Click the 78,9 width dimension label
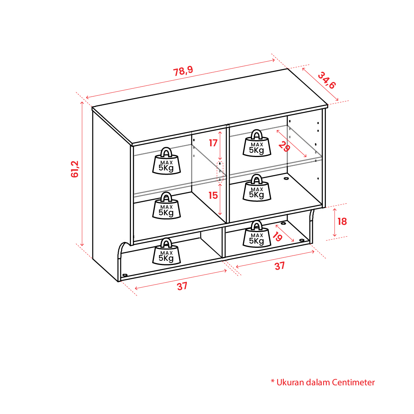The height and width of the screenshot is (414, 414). (x=183, y=71)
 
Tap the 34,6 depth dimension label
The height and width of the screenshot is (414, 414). (x=327, y=80)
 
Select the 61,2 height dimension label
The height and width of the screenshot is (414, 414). (x=75, y=169)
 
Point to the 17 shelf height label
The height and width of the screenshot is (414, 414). (x=213, y=143)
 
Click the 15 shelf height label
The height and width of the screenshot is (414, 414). (x=213, y=195)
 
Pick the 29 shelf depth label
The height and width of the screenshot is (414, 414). (x=284, y=146)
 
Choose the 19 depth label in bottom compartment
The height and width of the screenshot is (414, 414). (x=277, y=237)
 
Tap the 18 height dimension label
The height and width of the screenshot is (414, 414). (x=342, y=221)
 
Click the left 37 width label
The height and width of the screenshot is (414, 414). (x=182, y=286)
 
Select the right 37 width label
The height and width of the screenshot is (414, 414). (x=280, y=266)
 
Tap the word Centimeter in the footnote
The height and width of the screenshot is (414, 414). (x=353, y=382)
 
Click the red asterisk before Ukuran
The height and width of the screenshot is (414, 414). (x=272, y=381)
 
